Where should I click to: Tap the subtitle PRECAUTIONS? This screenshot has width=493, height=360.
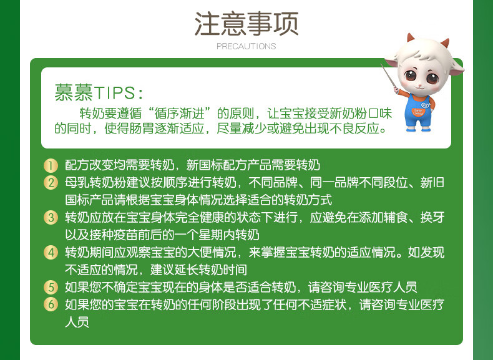coord(246,46)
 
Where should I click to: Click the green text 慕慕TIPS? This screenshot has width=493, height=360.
coord(99,93)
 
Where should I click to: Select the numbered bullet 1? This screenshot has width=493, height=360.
coord(51,165)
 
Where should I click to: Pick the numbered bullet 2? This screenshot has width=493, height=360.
coord(51,183)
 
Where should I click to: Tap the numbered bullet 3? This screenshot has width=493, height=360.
coord(51,218)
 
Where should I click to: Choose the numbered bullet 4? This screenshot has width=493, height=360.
coord(51,253)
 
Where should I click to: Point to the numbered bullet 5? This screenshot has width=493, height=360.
coord(51,288)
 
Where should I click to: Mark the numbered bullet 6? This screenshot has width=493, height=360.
coord(51,305)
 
